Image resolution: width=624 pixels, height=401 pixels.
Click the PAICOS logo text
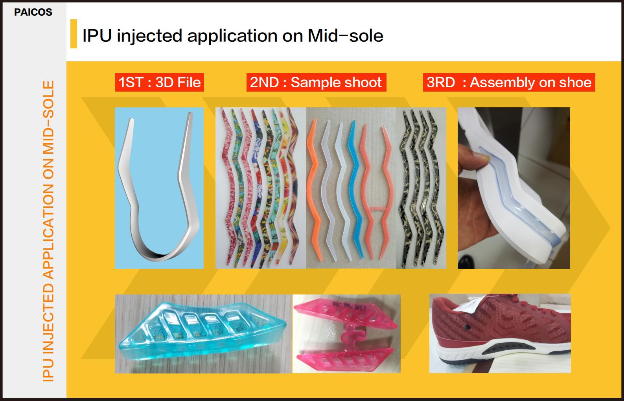[33, 12]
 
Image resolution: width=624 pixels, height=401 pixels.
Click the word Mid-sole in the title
[346, 36]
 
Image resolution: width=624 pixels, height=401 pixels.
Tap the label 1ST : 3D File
[160, 83]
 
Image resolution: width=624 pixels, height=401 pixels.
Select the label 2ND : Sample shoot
[316, 83]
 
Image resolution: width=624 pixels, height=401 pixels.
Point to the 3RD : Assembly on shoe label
[509, 83]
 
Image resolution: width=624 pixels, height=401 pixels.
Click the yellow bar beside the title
[74, 34]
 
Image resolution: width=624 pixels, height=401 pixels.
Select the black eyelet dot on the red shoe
[468, 327]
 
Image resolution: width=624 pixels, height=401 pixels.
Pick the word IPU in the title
[97, 36]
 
